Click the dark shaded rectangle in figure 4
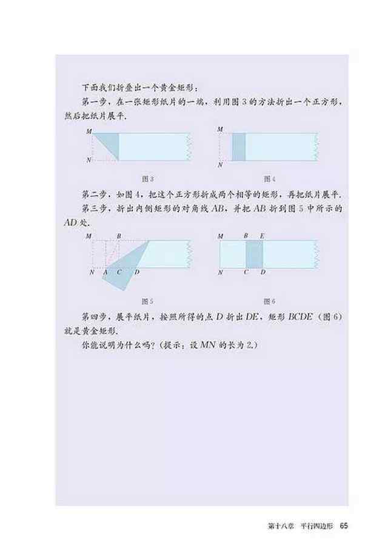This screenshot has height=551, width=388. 238,147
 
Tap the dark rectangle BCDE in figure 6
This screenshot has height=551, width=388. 254,255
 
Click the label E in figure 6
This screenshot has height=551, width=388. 262,236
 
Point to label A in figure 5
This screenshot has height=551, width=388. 105,272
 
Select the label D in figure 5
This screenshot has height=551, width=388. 137,272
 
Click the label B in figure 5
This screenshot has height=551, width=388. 119,236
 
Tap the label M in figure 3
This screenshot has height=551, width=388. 89,132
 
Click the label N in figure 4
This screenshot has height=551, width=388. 220,165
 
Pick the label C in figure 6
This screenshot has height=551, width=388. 246,272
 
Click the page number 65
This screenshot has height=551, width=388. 343,526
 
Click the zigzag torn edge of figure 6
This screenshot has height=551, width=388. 318,255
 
